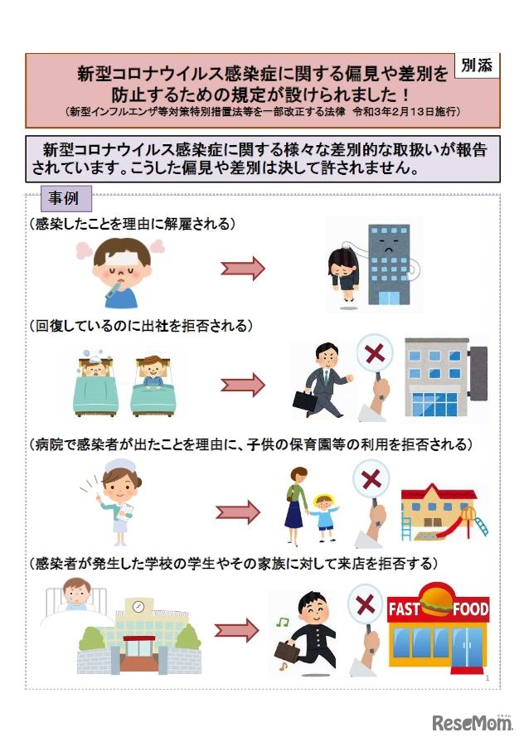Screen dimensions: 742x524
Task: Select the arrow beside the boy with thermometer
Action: tap(242, 268)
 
